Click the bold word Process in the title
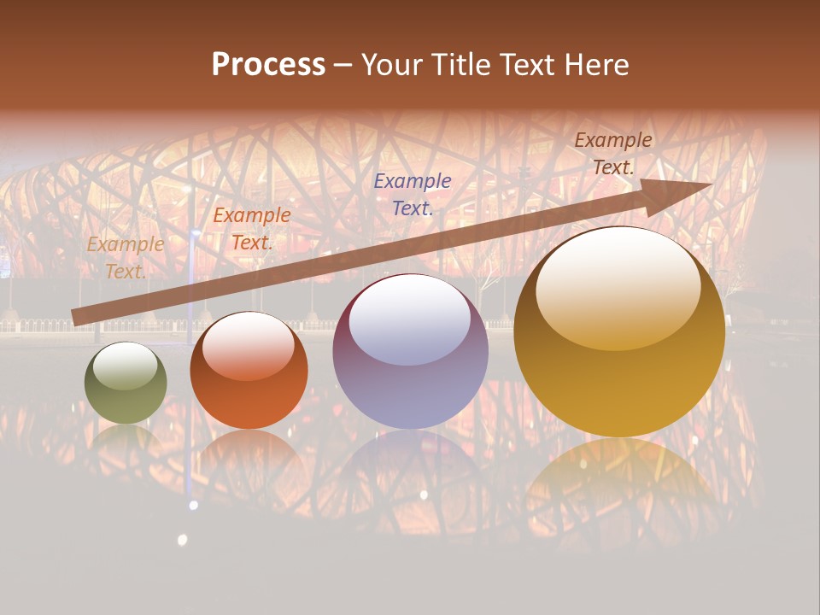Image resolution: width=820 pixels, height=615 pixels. click(x=268, y=65)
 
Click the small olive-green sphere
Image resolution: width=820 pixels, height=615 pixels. click(x=126, y=383)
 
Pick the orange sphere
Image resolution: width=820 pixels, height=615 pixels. click(x=249, y=371)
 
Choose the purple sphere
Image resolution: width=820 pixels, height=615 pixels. click(x=410, y=352)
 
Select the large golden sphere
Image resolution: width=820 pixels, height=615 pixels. click(x=619, y=333)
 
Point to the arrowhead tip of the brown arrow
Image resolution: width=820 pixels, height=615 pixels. click(x=711, y=184)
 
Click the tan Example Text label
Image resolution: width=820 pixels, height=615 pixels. click(x=126, y=257)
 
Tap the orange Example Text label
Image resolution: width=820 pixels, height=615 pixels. click(x=251, y=229)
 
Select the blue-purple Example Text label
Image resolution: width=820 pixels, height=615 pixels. click(x=413, y=194)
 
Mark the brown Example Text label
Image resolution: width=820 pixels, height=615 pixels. click(x=612, y=154)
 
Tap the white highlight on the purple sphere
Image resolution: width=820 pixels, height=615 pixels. click(x=410, y=319)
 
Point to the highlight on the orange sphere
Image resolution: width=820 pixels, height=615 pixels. click(x=249, y=345)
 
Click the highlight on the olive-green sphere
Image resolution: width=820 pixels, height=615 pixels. click(x=126, y=366)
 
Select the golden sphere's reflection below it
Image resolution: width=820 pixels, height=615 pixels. click(x=619, y=478)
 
